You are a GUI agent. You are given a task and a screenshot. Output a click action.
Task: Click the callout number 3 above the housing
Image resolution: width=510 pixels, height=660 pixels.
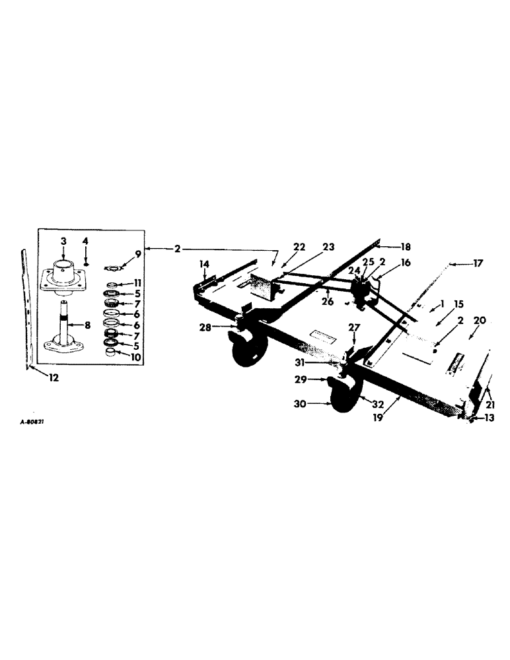63,242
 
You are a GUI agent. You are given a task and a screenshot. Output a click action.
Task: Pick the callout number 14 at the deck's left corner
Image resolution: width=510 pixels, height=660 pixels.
205,264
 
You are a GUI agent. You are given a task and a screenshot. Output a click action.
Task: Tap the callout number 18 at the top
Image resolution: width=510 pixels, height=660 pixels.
406,247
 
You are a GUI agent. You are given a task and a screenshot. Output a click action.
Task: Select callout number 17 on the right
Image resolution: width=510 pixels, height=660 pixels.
476,263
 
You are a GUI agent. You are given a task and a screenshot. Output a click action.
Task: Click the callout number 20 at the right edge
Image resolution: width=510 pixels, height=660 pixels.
480,319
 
